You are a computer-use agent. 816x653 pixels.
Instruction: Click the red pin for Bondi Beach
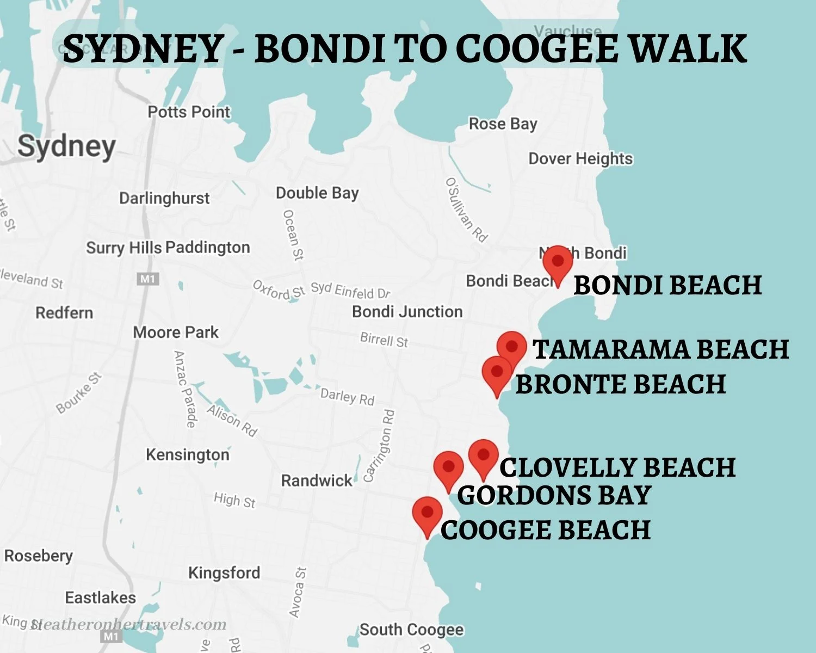coord(558,262)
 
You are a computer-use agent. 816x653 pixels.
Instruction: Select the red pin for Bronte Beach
coord(497,373)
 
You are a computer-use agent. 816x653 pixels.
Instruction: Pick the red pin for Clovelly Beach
coord(483,456)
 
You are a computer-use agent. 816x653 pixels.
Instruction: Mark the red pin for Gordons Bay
coord(448,468)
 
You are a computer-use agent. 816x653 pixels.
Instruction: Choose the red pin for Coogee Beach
coord(427,514)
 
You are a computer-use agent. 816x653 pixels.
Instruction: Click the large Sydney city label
coord(66,146)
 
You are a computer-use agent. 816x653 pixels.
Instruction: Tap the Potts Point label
coord(189,112)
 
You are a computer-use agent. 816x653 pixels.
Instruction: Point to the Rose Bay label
coord(503,124)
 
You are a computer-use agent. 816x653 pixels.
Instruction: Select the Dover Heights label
coord(580,159)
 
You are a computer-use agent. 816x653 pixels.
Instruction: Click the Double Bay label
coord(317,193)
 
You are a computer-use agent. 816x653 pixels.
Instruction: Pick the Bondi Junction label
coord(407,312)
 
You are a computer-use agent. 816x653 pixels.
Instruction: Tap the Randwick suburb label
coord(317,480)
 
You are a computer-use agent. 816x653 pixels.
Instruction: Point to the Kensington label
coord(187,454)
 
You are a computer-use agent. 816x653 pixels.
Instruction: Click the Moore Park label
coord(176,332)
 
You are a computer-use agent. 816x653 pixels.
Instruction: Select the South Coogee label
coord(411,630)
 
